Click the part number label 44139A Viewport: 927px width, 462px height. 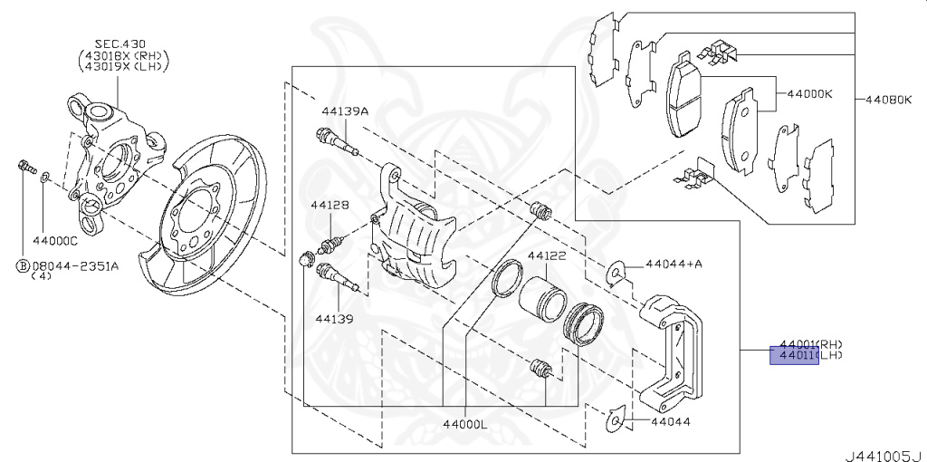point(345,111)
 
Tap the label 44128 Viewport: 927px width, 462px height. point(330,206)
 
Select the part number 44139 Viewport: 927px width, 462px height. point(334,319)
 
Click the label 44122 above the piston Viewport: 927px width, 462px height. point(547,256)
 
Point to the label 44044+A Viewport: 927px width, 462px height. point(674,265)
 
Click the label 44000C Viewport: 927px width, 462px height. point(55,241)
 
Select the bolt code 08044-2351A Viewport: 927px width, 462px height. point(74,265)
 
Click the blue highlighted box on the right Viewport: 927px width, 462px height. point(793,355)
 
